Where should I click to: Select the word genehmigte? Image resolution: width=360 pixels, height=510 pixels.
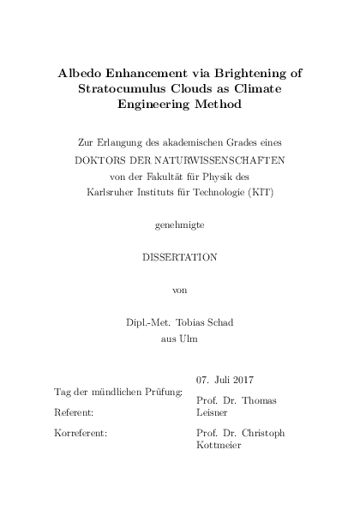click(x=179, y=225)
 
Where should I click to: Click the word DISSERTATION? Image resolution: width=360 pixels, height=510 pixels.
click(x=179, y=257)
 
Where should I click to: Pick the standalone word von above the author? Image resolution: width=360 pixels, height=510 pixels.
click(x=179, y=290)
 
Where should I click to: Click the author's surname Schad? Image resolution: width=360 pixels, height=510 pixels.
click(x=220, y=322)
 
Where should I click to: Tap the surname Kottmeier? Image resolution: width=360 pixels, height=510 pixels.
click(x=218, y=445)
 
